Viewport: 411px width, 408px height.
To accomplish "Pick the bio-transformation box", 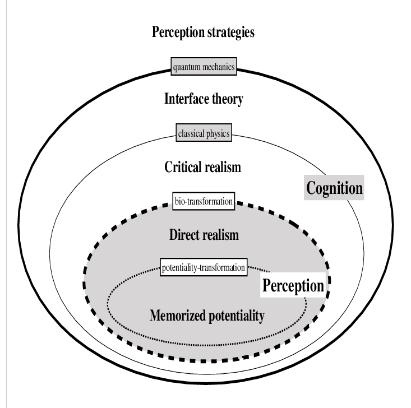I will [x=204, y=201].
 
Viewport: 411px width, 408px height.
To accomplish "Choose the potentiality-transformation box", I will [x=203, y=267].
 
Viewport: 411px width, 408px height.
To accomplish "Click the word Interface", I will [x=185, y=100].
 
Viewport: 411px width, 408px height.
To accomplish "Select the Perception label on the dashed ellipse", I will [x=293, y=286].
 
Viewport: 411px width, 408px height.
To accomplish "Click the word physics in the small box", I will [x=218, y=134].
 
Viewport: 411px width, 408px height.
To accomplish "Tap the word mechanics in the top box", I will [x=219, y=68].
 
